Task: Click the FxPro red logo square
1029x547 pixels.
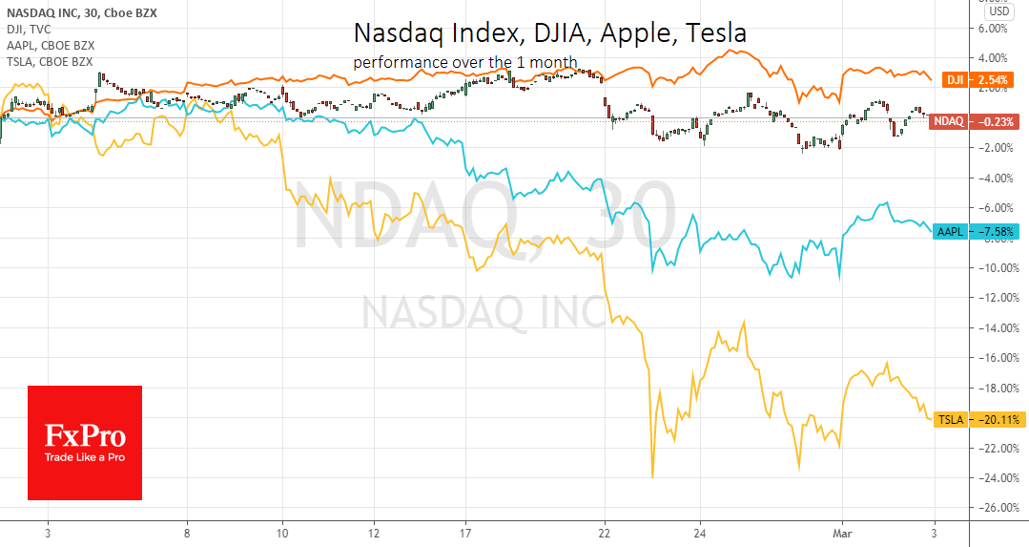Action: tap(85, 443)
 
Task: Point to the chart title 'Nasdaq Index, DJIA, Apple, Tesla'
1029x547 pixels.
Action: tap(549, 33)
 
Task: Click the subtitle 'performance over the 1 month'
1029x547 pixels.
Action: tap(464, 63)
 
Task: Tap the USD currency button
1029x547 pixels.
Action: tap(999, 11)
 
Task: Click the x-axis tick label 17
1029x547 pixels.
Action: tap(464, 533)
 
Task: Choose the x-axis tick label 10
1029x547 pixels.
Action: tap(282, 533)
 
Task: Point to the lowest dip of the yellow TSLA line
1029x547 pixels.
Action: tap(652, 476)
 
